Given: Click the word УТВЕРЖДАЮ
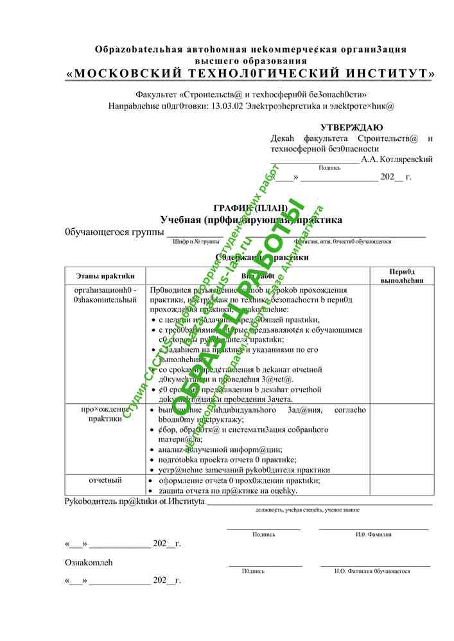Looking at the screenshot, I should click(x=352, y=128).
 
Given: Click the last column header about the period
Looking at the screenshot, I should click(x=402, y=276).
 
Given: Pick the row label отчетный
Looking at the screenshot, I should click(x=105, y=479).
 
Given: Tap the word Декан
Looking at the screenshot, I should click(x=282, y=138).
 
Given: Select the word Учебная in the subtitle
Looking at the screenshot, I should click(x=182, y=220).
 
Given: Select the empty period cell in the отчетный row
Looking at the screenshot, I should click(x=402, y=485).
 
